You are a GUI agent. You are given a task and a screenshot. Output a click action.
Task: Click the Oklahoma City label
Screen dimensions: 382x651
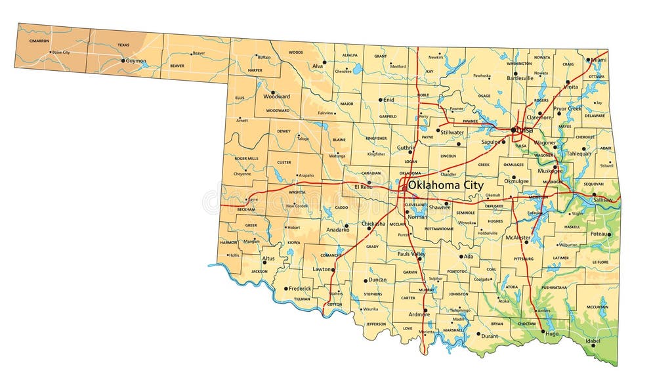(x=446, y=186)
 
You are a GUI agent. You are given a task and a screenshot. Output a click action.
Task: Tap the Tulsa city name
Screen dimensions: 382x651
(x=524, y=130)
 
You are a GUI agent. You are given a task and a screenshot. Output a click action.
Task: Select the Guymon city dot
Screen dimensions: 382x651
(x=123, y=61)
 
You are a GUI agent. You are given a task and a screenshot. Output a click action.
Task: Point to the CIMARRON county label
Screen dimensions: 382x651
(x=39, y=41)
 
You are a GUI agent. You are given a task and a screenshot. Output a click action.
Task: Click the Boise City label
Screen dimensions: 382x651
(x=61, y=52)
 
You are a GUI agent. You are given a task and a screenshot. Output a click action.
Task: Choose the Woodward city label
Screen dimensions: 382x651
(x=276, y=96)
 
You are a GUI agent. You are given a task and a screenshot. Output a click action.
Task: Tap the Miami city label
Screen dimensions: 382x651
(x=598, y=60)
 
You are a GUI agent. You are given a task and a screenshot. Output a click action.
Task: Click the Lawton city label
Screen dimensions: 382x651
(x=322, y=269)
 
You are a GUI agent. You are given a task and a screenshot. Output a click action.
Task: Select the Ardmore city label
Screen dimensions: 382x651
(x=419, y=314)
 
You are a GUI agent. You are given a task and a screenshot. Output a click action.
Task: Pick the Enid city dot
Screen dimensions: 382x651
(x=381, y=100)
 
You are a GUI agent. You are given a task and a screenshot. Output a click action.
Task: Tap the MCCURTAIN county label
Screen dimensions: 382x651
(x=597, y=307)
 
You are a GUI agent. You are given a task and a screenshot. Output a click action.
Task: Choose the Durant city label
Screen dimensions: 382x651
(x=490, y=336)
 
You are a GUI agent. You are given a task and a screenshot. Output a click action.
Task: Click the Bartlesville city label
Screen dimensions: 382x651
(x=520, y=78)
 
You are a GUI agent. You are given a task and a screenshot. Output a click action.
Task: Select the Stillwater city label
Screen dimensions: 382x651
(x=451, y=133)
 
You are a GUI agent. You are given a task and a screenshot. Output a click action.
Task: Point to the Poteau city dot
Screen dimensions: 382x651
(x=608, y=234)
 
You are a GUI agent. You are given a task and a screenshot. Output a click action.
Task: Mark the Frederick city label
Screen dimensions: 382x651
(x=300, y=288)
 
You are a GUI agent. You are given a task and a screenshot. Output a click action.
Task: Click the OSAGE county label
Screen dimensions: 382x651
(x=484, y=96)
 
